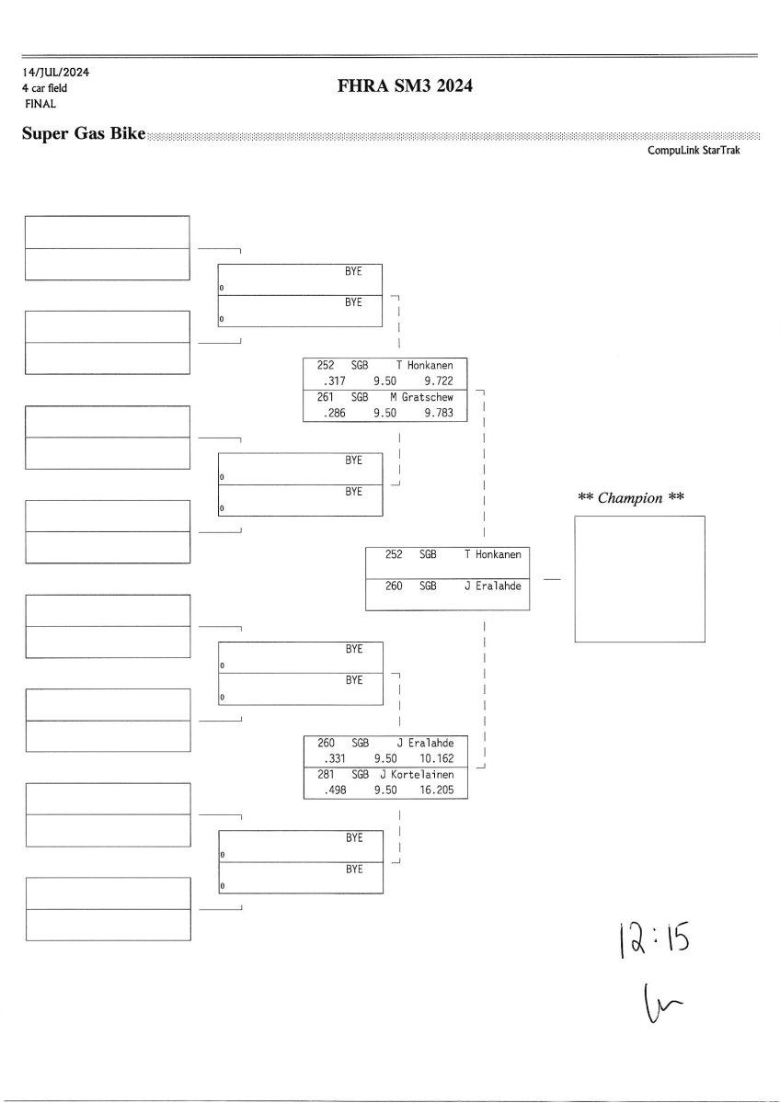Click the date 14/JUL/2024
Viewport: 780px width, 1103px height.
click(x=56, y=72)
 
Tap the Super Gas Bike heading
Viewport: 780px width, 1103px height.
click(x=84, y=135)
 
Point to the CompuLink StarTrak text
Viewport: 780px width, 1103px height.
click(x=694, y=150)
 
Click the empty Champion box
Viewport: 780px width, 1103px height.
click(x=639, y=579)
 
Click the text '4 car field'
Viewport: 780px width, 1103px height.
click(x=45, y=88)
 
